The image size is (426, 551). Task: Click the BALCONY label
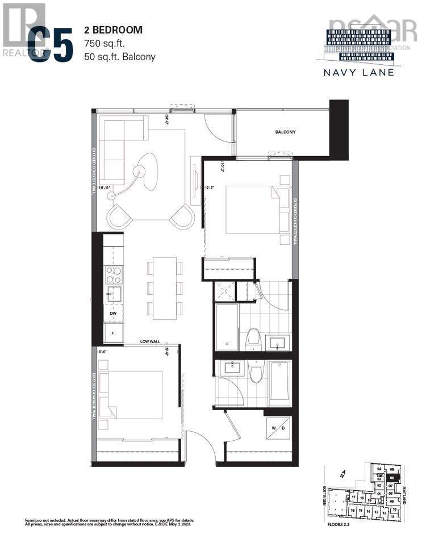pos(285,132)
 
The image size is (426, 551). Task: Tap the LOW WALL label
pos(152,342)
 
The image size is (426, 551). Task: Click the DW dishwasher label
pos(114,313)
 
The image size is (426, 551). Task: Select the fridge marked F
pos(114,333)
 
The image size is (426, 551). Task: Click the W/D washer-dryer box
pos(278,429)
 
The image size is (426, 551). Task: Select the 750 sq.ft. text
pos(105,43)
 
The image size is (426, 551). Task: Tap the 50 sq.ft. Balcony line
pos(119,56)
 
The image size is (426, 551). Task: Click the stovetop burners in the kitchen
pos(114,275)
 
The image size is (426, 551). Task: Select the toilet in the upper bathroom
pos(254,339)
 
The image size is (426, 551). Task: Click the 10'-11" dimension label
pos(106,187)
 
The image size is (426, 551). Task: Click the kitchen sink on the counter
pos(114,294)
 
